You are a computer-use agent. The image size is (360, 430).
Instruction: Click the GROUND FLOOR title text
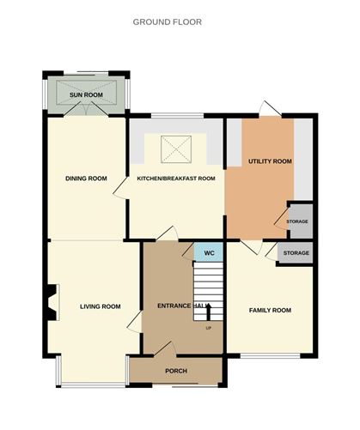[167, 21]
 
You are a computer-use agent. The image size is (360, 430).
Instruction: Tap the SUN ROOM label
[86, 94]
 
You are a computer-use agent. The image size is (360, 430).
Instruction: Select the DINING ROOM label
[86, 179]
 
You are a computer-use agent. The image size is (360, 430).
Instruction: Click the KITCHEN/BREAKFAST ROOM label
[176, 179]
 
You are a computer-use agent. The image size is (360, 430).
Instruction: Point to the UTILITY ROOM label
[270, 160]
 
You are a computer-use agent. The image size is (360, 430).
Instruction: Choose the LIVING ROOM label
[100, 306]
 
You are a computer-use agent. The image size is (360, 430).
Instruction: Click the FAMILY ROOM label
[270, 310]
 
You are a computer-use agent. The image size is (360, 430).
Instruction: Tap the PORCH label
[176, 371]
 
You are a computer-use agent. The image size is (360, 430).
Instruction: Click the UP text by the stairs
[208, 328]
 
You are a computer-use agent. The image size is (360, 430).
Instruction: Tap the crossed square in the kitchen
[176, 149]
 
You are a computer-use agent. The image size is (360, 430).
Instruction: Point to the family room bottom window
[270, 355]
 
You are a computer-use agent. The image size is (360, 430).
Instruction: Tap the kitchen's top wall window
[176, 116]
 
